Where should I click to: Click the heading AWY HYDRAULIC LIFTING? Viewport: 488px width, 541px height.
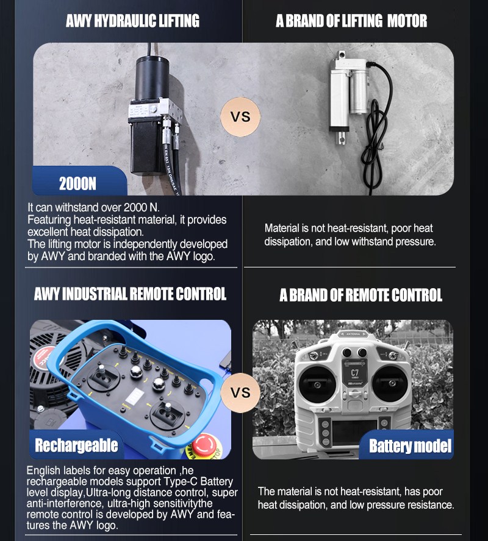coord(132,21)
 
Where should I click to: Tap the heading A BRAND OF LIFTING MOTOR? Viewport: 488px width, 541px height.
coord(351,21)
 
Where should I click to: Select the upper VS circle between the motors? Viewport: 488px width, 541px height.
coord(240,116)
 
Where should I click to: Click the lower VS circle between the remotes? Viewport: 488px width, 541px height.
coord(240,392)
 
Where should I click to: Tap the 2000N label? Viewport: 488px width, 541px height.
coord(77,183)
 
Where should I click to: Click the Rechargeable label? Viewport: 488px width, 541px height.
coord(76,445)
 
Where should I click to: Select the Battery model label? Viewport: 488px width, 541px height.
coord(411,446)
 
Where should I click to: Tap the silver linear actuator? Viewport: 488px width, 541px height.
coord(349,93)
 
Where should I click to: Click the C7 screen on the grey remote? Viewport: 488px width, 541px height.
coord(354,373)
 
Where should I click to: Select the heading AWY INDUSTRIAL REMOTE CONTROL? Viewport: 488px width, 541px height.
coord(130,294)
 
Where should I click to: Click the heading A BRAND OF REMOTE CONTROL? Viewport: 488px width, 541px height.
coord(361,295)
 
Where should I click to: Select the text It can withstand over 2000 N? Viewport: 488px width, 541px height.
coord(93,207)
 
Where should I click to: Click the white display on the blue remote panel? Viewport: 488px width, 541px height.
coord(135,397)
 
